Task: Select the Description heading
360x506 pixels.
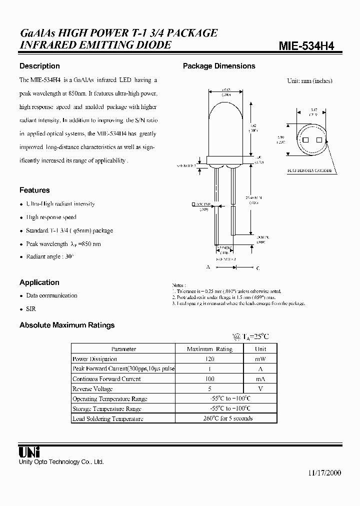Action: (x=39, y=66)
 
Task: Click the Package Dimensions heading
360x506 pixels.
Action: (x=219, y=66)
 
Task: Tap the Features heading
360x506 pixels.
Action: (x=34, y=190)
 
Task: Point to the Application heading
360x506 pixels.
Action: (x=39, y=282)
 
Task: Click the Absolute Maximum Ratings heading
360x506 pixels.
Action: (x=67, y=325)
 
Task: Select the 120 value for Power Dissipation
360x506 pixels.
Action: (x=209, y=359)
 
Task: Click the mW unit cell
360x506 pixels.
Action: (x=260, y=359)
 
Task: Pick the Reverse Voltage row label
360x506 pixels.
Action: (x=92, y=389)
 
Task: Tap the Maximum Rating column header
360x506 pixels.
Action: (x=209, y=349)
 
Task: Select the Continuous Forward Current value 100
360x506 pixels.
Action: (x=209, y=379)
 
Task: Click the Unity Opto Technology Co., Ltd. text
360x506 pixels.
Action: (x=61, y=462)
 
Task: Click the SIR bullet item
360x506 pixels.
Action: (x=31, y=309)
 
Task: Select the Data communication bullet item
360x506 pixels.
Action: (x=51, y=295)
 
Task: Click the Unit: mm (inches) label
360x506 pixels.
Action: (x=309, y=80)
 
